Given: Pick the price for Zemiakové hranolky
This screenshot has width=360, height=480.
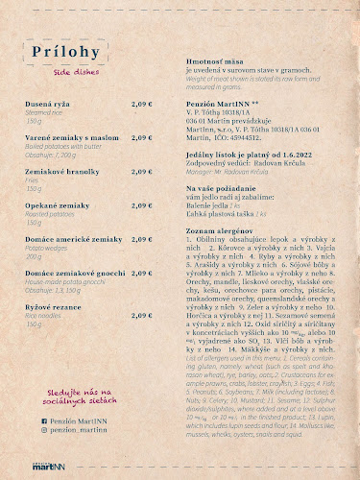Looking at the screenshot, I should (x=142, y=170).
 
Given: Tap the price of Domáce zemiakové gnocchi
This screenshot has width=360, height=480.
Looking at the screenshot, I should (x=142, y=273).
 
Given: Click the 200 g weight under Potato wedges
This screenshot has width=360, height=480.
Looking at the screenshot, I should (x=36, y=257).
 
